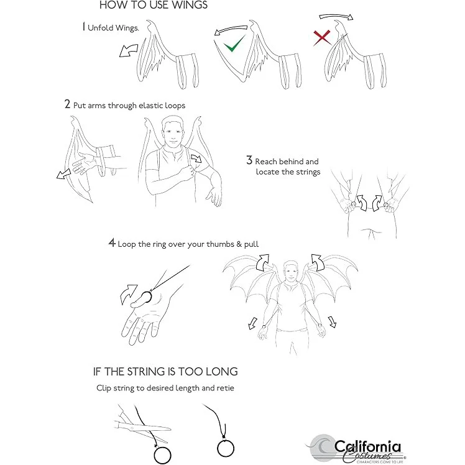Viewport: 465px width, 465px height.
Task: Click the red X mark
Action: (322, 38)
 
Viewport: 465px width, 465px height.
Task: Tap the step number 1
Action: (84, 27)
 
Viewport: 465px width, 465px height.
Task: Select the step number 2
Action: (68, 104)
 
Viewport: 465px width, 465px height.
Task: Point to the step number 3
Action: (249, 160)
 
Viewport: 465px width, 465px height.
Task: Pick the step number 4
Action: (112, 242)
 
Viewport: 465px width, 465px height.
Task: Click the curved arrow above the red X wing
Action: (336, 16)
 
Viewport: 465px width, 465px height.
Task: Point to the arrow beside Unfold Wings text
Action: (129, 50)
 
